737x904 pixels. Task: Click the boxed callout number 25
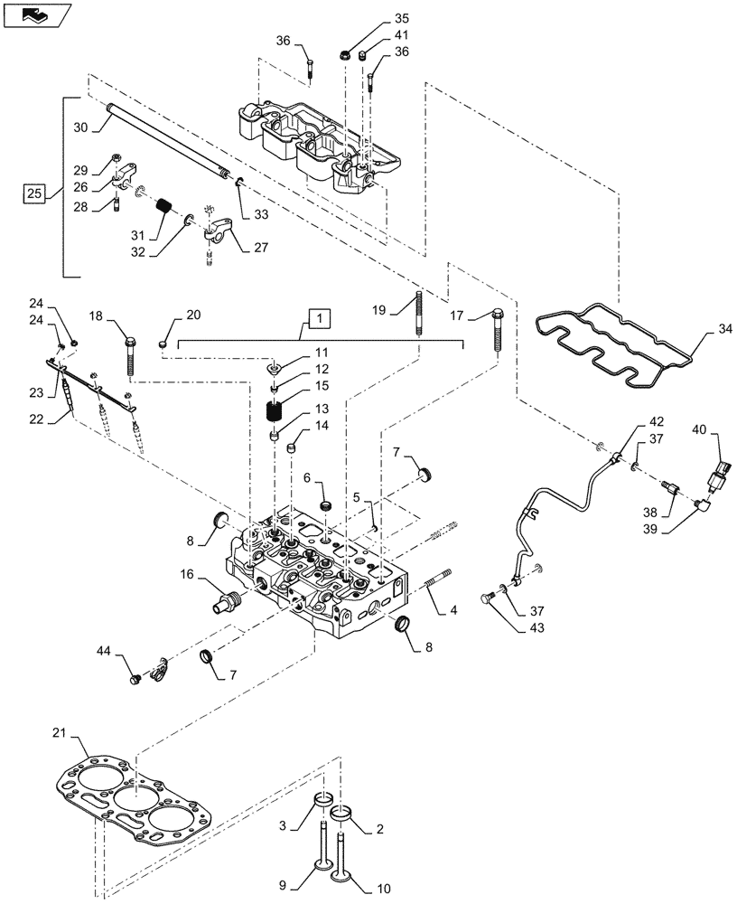[33, 193]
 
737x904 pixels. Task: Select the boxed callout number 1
[320, 317]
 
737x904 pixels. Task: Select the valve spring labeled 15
[275, 411]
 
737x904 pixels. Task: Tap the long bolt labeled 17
[499, 331]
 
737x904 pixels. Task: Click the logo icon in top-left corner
[33, 14]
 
